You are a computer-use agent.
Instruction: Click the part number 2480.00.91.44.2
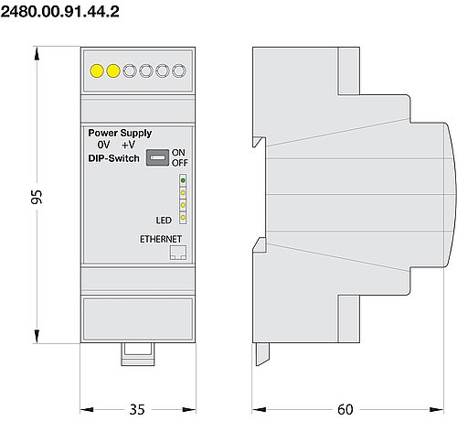59,11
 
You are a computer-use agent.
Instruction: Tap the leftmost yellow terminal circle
95,70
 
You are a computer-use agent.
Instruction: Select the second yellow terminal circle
112,70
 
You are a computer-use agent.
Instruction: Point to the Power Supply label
119,133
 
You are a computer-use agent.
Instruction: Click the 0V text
104,146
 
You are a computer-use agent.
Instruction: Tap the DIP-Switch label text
113,158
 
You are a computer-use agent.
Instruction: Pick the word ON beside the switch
178,152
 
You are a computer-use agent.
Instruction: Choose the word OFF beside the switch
179,163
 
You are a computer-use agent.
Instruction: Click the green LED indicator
183,182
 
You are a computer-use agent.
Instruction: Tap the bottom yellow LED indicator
183,218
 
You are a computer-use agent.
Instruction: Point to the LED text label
164,220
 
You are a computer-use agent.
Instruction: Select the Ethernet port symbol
178,253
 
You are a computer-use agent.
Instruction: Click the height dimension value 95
27,198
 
